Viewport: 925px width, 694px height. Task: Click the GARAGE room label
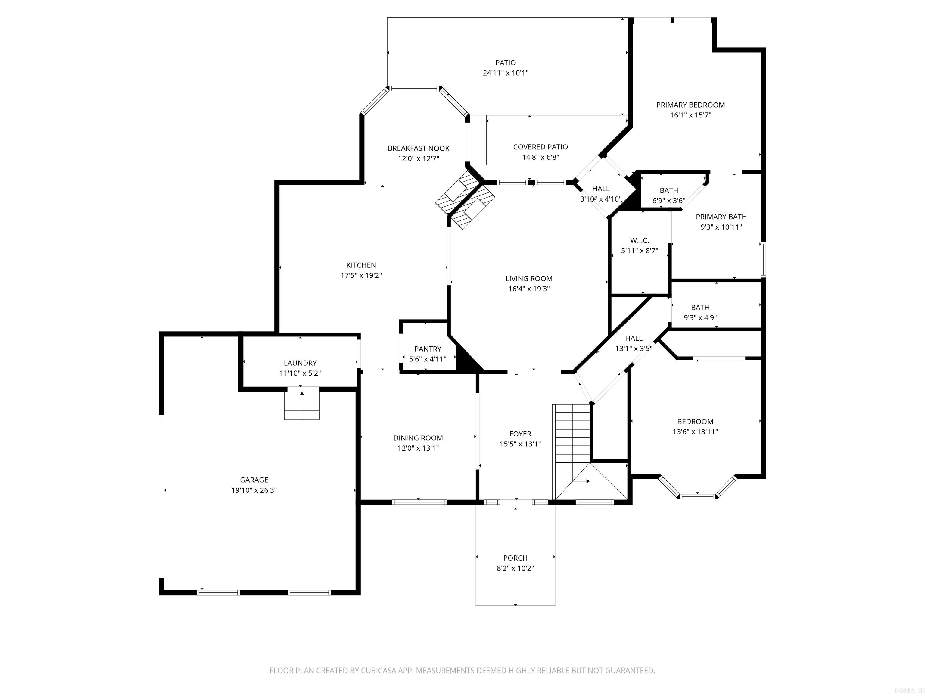[x=254, y=480]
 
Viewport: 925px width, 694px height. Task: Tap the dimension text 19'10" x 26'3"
[x=254, y=490]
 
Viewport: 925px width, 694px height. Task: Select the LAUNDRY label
[x=300, y=363]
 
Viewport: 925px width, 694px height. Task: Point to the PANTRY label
[x=427, y=349]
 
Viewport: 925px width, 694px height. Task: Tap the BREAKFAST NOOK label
[x=418, y=148]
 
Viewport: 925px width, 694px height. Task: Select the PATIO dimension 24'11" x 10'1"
[x=505, y=73]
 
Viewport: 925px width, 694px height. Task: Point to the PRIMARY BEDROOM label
[x=690, y=105]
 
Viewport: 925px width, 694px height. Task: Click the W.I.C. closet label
[x=639, y=241]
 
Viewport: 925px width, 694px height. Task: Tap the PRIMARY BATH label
[x=721, y=217]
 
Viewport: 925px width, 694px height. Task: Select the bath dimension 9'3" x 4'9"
[x=700, y=318]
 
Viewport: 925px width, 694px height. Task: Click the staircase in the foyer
[x=572, y=435]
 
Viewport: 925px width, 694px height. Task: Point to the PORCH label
[x=515, y=558]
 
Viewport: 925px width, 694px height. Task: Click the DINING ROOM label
[x=418, y=438]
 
